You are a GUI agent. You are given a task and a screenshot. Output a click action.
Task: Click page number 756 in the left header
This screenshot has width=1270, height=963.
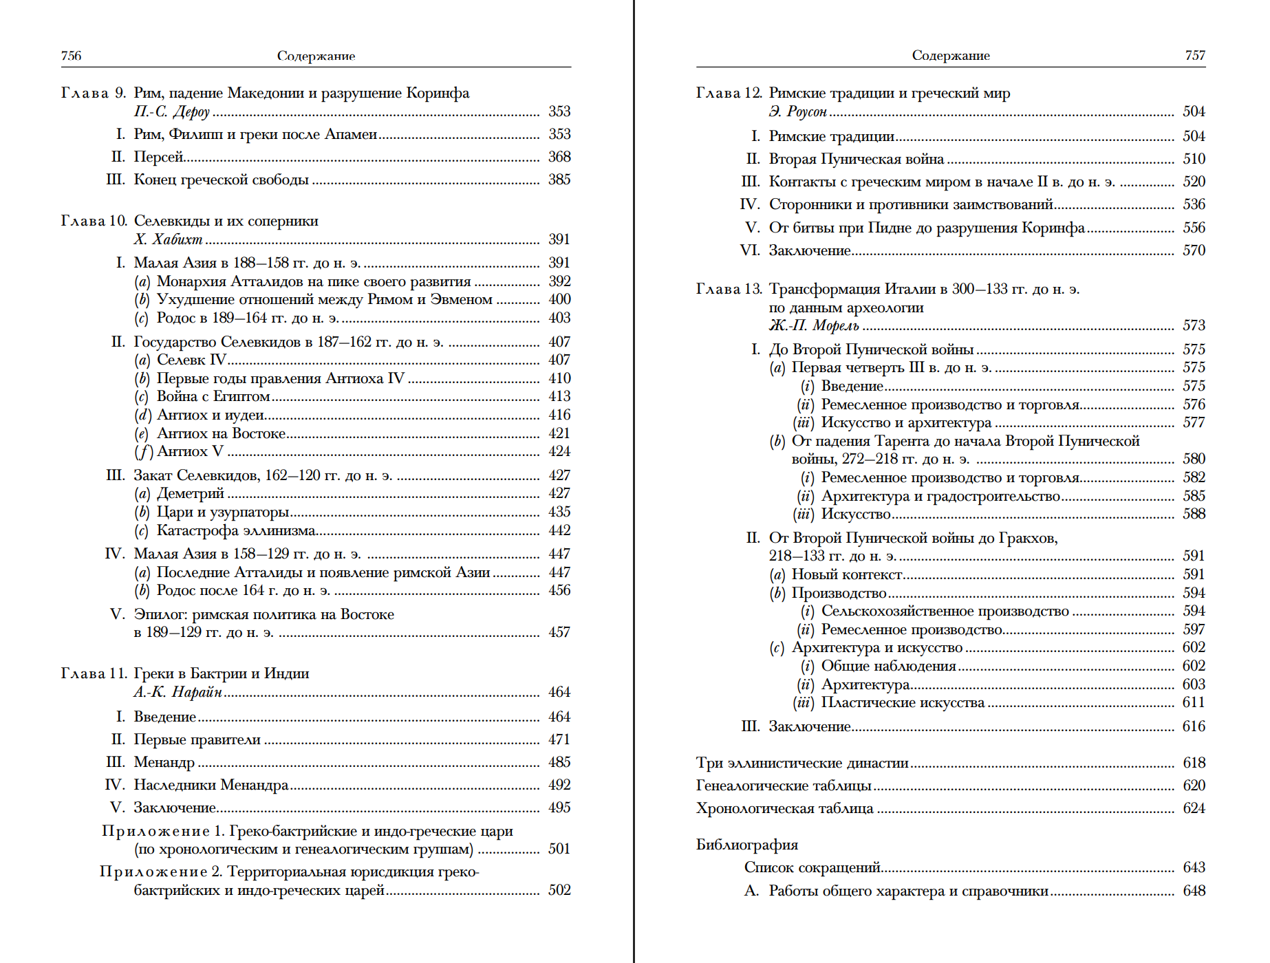tap(71, 56)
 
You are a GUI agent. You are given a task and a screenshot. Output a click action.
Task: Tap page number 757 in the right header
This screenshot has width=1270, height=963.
tap(1195, 56)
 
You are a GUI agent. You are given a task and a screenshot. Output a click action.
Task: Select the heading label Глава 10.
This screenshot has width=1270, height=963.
tap(94, 221)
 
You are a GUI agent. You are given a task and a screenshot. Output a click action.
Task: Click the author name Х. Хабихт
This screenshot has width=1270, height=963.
tap(168, 239)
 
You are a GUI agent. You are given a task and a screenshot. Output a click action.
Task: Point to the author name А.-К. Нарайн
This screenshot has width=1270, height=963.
tap(177, 692)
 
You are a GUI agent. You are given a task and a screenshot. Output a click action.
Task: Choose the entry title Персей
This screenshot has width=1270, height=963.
tap(158, 157)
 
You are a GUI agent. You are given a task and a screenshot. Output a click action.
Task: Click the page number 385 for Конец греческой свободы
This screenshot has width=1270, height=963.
tap(559, 180)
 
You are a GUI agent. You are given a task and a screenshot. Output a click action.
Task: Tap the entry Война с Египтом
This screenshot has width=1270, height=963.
tap(213, 396)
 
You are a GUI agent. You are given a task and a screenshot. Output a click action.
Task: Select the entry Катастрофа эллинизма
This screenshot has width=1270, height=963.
tap(236, 530)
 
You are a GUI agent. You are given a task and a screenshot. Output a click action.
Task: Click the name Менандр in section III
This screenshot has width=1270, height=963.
tap(164, 762)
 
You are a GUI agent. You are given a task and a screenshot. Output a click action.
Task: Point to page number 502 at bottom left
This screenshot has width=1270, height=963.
tap(559, 890)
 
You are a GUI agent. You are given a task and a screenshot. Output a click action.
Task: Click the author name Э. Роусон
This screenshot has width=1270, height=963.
tap(797, 111)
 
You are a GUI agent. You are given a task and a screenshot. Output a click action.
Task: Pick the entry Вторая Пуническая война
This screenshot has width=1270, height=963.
tap(856, 159)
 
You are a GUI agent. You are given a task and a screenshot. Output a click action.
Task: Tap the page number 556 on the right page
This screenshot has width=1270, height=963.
tap(1194, 228)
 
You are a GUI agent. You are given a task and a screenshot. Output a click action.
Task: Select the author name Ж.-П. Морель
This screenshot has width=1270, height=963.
tap(814, 325)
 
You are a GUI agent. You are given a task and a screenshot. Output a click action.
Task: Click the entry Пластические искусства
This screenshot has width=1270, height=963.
tap(903, 702)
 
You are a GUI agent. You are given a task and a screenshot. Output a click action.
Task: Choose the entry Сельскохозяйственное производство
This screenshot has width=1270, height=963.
tap(945, 611)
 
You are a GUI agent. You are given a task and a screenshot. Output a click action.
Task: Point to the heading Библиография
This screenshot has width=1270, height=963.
tap(746, 845)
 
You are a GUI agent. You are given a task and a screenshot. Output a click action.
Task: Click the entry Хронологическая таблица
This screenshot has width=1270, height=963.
tap(784, 808)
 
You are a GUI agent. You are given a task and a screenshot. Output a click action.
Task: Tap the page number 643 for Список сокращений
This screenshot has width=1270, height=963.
tap(1194, 867)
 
